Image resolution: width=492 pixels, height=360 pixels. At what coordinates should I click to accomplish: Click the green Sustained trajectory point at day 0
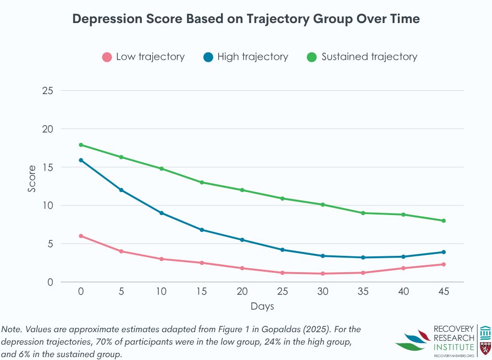(x=81, y=145)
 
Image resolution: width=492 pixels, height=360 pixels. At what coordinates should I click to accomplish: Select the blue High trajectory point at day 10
(x=161, y=213)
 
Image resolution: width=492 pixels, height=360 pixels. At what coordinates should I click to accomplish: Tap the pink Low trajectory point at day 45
(x=443, y=264)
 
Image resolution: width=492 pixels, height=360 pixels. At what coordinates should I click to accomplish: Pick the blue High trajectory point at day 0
(x=81, y=160)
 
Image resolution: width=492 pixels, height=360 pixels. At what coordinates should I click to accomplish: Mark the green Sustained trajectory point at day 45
(x=443, y=221)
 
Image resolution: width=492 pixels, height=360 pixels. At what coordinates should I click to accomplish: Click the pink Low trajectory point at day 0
(x=81, y=236)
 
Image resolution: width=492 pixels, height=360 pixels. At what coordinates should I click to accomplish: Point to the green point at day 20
(x=242, y=190)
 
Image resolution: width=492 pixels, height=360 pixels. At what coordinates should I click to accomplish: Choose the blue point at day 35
(x=363, y=257)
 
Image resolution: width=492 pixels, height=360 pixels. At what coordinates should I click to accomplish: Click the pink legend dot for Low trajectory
(x=107, y=57)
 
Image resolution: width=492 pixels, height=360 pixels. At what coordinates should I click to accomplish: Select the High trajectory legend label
(x=252, y=57)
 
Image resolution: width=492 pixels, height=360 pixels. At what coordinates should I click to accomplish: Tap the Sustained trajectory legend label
(x=369, y=57)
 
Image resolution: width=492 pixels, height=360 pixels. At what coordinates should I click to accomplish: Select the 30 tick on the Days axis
(x=323, y=291)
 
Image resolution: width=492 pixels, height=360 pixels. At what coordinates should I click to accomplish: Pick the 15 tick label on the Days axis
(x=202, y=291)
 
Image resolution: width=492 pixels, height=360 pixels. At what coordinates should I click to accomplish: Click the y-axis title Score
(x=32, y=179)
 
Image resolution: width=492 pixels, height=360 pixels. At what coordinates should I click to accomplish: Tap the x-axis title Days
(x=262, y=306)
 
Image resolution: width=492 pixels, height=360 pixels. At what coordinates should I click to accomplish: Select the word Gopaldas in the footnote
(x=291, y=330)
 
